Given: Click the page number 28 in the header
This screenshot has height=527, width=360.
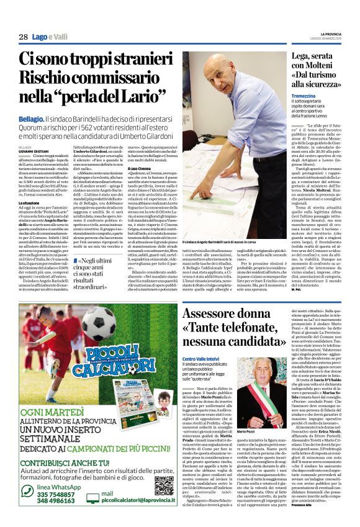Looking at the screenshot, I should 23,38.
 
